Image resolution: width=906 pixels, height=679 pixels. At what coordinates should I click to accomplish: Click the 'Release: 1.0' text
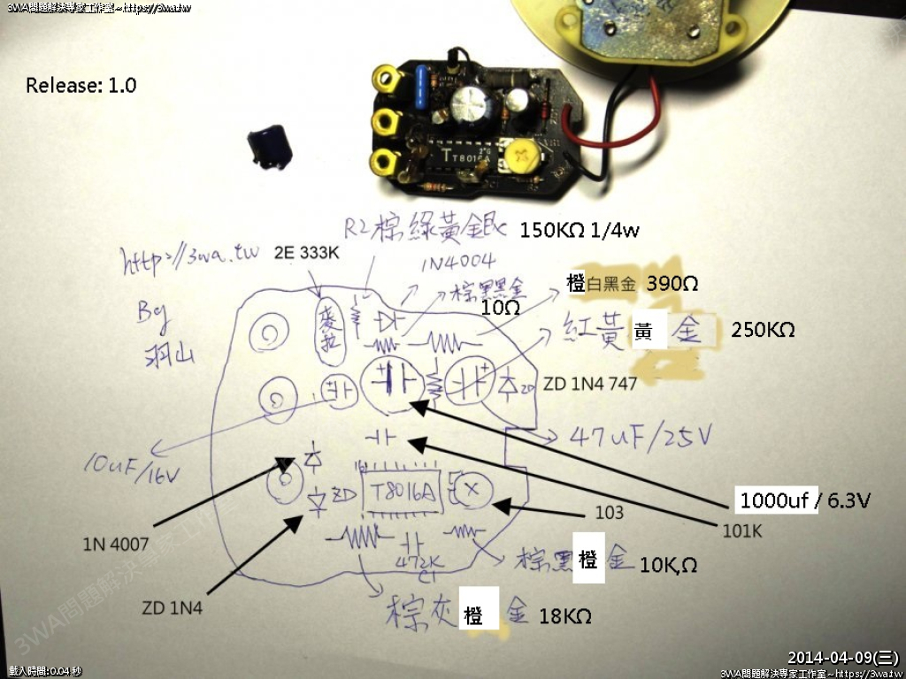click(x=81, y=86)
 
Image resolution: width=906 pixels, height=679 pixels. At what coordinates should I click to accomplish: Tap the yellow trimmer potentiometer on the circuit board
click(x=519, y=159)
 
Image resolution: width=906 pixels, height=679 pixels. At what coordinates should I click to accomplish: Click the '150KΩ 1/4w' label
click(x=580, y=231)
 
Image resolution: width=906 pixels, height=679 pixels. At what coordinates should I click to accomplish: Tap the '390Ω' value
click(x=673, y=284)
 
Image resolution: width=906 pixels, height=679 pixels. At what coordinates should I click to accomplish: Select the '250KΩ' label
click(x=763, y=330)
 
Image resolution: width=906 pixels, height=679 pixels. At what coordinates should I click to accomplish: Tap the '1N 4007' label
click(x=116, y=544)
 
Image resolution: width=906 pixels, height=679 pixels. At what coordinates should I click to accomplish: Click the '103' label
click(x=610, y=512)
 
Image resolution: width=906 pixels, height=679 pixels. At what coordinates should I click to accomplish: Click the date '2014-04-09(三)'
click(x=842, y=657)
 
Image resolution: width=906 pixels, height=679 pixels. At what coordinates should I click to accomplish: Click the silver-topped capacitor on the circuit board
click(x=466, y=103)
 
